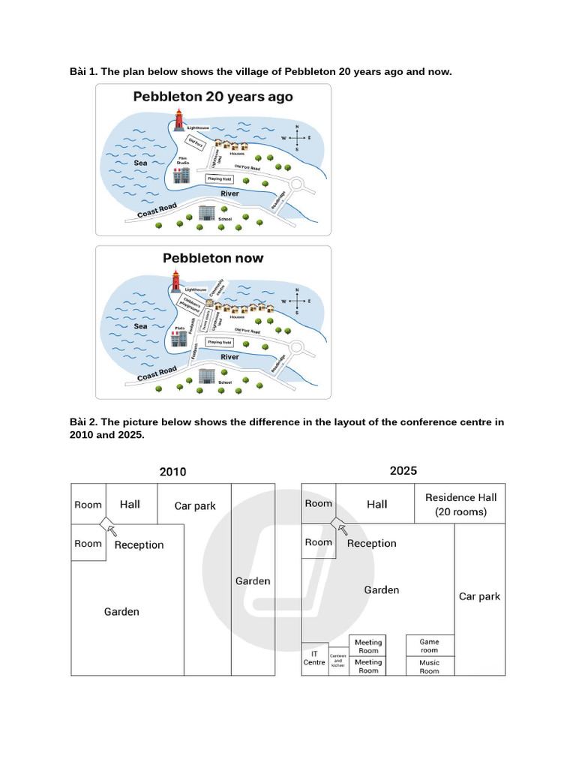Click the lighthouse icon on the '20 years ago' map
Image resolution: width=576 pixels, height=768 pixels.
[179, 120]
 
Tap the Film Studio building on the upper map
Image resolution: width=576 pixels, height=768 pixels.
[181, 175]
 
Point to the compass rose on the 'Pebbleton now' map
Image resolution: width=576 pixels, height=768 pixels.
[298, 301]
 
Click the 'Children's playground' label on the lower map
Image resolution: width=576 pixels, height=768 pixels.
[191, 304]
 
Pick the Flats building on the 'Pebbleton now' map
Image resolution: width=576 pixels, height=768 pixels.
[179, 338]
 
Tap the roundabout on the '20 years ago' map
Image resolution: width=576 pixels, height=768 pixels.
[296, 184]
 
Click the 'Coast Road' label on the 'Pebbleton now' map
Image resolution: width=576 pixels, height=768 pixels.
[157, 373]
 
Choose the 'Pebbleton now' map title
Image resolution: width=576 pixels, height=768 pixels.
[213, 258]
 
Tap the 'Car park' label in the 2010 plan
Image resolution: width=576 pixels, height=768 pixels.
[195, 506]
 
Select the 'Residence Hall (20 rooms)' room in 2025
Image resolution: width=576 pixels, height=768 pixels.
[460, 504]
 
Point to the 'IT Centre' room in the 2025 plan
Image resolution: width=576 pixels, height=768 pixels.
[315, 658]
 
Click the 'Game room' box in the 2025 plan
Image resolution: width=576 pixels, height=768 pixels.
[429, 646]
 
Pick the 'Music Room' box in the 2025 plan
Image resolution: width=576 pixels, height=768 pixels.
[429, 667]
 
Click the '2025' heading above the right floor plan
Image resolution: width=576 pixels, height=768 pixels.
[403, 471]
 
